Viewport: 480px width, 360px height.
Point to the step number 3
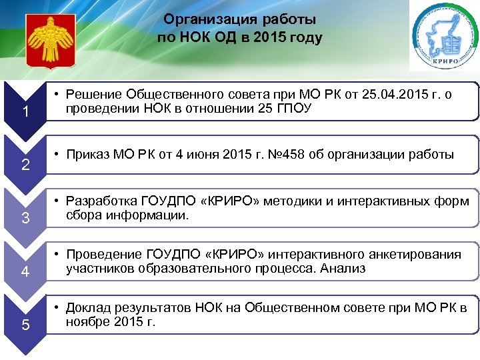point(25,218)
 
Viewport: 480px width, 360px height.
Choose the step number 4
point(25,271)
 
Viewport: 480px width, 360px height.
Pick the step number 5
point(25,325)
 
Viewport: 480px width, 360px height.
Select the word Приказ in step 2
point(90,156)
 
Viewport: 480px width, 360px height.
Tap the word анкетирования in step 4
point(417,255)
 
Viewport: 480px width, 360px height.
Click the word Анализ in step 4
point(344,269)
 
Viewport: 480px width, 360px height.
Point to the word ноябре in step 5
point(88,322)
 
